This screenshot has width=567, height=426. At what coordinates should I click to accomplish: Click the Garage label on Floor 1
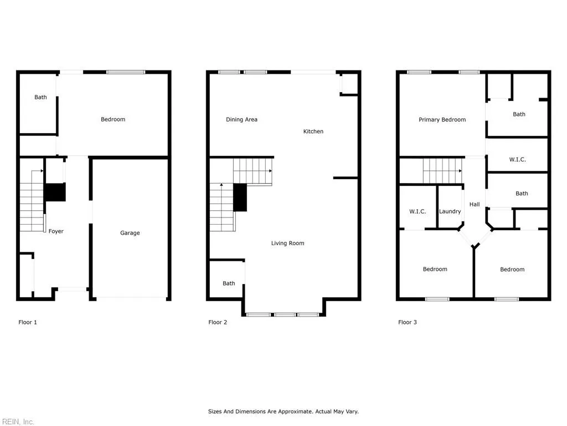pos(130,233)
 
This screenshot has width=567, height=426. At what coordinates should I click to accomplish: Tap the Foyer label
pos(56,231)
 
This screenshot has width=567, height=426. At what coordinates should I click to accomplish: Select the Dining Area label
pos(241,120)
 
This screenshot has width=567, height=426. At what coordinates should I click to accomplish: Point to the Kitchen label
pos(313,131)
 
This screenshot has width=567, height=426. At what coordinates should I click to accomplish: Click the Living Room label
pos(287,243)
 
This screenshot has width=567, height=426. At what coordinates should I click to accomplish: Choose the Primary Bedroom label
pos(442,120)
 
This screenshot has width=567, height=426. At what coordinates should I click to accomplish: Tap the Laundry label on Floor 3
pos(450,211)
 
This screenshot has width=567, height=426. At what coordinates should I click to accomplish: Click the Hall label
pos(475,205)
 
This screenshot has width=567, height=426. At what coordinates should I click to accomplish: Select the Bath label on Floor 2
pos(229,283)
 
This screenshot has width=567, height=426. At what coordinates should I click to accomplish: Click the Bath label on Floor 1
pos(40,97)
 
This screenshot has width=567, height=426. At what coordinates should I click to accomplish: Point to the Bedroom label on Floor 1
pos(113,119)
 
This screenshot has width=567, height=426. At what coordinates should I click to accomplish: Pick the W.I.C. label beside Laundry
pos(417,211)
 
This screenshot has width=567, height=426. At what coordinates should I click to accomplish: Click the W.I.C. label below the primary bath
pos(517,160)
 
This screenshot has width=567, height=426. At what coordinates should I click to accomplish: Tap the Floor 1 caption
pos(28,322)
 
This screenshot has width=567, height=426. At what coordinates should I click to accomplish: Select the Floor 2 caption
pos(218,322)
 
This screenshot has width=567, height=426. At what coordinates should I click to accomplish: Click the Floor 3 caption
pos(408,322)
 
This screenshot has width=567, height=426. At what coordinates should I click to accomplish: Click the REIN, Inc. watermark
pos(17,422)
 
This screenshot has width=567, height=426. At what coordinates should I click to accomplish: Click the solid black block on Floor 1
pos(55,192)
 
